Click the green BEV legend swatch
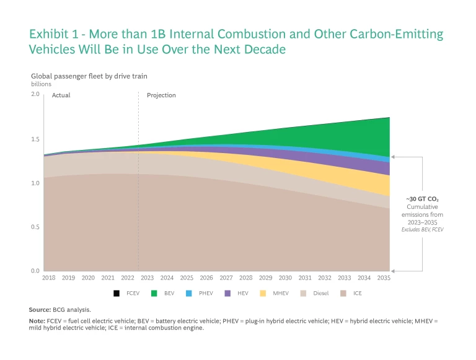(153, 293)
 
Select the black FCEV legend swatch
(116, 293)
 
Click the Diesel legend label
(320, 293)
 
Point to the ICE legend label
(358, 293)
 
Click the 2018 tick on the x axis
(48, 278)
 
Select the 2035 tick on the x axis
(383, 278)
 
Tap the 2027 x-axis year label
(226, 278)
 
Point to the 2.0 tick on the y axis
(35, 94)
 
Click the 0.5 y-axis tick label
(35, 227)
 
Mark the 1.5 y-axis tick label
(35, 139)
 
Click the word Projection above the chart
(161, 95)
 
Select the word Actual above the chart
(61, 95)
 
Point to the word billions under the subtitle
(42, 83)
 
